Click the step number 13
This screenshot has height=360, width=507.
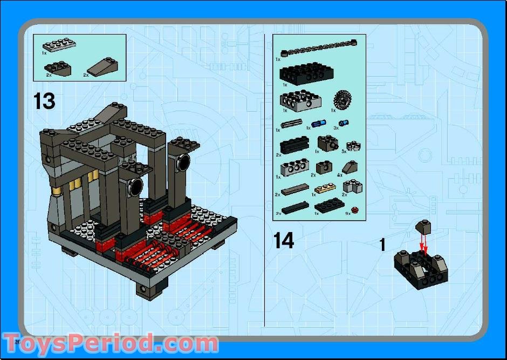pos(44,101)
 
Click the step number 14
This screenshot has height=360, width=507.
pos(284,240)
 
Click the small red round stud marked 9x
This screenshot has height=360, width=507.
pos(354,209)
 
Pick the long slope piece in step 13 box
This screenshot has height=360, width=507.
pos(104,67)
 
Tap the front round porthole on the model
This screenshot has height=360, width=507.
pos(134,188)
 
